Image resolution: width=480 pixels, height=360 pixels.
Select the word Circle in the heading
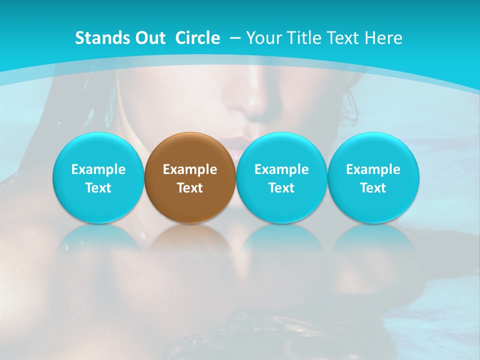point(197,38)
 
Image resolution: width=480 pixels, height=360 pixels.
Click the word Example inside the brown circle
point(190,169)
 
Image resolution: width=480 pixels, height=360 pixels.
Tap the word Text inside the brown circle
point(190,188)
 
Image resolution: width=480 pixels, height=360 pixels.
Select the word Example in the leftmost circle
point(98,169)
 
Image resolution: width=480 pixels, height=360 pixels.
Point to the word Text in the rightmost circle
point(373,188)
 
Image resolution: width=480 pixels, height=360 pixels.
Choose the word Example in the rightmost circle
point(373,169)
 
